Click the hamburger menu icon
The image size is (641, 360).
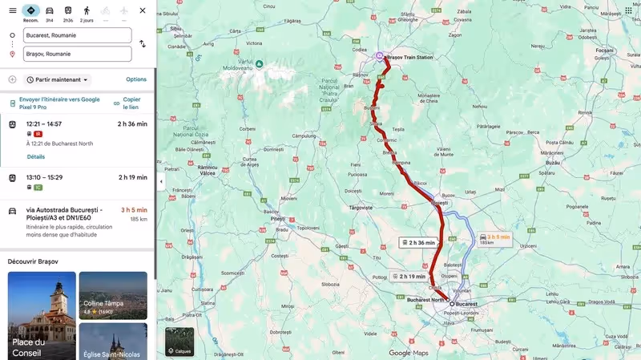[x=12, y=10]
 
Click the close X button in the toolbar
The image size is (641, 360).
[x=143, y=10]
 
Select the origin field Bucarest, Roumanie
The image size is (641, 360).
[x=78, y=35]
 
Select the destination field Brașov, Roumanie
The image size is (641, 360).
[x=78, y=54]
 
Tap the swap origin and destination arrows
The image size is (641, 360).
[x=143, y=44]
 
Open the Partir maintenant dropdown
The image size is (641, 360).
[x=58, y=79]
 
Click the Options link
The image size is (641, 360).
[x=136, y=79]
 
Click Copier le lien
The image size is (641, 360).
[x=131, y=103]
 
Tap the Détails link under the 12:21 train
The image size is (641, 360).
[x=36, y=156]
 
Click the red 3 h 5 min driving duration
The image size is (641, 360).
[x=134, y=210]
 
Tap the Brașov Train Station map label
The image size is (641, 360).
[x=409, y=58]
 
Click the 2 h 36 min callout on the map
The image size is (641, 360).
[x=418, y=242]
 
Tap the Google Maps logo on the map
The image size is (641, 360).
[x=409, y=353]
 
